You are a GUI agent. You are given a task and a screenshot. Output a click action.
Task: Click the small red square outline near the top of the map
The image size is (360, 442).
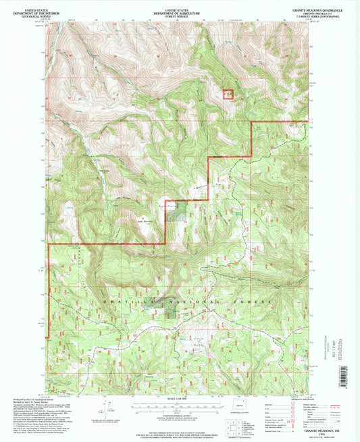pyautogui.click(x=229, y=94)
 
